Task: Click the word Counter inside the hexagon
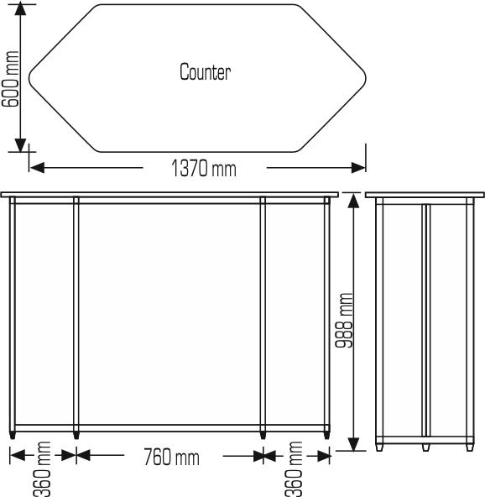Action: coord(205,71)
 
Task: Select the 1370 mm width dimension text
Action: coord(204,169)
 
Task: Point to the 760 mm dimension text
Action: coord(171,458)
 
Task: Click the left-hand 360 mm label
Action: coord(43,469)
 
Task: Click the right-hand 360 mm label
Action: coord(295,469)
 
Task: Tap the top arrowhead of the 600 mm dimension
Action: coord(21,9)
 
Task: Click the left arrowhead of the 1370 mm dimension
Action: coord(36,167)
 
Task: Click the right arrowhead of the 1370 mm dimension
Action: coord(360,167)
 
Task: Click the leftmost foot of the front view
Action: coord(12,436)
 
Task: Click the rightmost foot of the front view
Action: coord(327,436)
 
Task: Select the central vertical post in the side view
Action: coord(425,319)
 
